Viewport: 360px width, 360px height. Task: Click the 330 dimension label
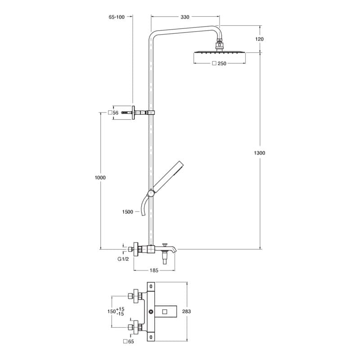point(184,17)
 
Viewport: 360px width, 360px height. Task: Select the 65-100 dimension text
point(117,17)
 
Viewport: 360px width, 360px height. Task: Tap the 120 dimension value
point(259,39)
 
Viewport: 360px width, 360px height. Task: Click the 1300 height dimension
point(260,153)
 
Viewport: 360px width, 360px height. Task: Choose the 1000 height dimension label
point(100,178)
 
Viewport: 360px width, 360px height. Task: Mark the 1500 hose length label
point(127,211)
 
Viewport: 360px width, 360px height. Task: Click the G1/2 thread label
point(123,259)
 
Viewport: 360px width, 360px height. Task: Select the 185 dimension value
point(154,270)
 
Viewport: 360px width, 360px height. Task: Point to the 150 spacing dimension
point(111,311)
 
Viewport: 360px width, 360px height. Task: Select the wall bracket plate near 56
point(134,112)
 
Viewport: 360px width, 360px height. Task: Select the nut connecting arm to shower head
point(219,44)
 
